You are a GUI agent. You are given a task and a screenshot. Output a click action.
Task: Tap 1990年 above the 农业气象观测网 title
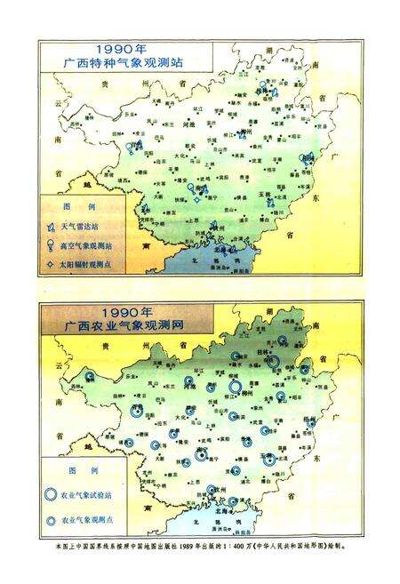[x=124, y=314]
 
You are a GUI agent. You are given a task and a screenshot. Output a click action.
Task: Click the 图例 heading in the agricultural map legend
[x=82, y=466]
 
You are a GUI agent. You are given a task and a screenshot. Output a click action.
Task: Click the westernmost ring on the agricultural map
[x=89, y=377]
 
